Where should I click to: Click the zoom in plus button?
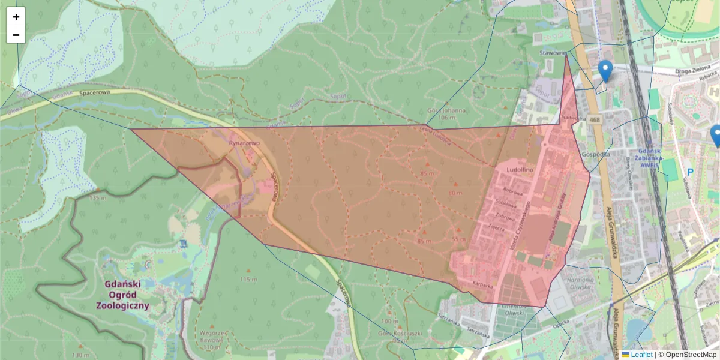click(16, 17)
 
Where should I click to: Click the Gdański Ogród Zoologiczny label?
click(122, 295)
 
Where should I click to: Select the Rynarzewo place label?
click(244, 143)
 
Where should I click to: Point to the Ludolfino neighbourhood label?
click(520, 170)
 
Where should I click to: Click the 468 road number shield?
click(595, 120)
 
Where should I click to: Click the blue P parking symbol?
click(690, 172)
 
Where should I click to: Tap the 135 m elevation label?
click(97, 197)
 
